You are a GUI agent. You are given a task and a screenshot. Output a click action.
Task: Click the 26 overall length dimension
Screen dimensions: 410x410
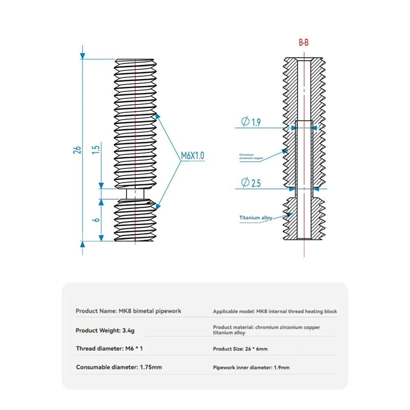pos(78,150)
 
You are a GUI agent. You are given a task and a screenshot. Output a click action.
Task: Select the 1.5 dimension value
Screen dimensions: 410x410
pos(96,149)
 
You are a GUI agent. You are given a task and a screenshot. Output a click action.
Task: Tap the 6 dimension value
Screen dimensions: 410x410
pos(97,219)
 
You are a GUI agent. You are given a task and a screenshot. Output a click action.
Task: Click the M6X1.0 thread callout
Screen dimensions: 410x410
pos(192,156)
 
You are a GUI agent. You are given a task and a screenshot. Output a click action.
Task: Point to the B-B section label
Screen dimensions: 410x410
pos(303,43)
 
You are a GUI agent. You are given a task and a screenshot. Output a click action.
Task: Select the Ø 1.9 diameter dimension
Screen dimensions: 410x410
pos(251,122)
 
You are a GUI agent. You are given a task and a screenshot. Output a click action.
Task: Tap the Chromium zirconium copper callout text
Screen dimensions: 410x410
pos(251,157)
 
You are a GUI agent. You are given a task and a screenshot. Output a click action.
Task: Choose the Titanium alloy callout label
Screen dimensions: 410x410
pos(256,218)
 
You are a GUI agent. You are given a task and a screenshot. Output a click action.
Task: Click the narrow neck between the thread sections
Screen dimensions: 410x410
pos(135,194)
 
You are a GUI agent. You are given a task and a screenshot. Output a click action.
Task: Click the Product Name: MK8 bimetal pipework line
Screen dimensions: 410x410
pos(128,311)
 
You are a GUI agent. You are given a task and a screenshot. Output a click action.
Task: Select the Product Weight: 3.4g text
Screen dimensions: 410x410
pos(105,330)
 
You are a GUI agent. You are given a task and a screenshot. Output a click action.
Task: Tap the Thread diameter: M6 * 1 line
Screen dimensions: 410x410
pos(109,348)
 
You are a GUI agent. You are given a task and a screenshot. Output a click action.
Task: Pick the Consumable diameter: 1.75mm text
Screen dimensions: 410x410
pos(119,367)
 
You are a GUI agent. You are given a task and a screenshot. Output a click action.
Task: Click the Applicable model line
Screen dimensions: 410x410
pos(275,311)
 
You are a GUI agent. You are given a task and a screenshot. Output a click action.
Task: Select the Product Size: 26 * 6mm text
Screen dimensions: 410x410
pos(240,349)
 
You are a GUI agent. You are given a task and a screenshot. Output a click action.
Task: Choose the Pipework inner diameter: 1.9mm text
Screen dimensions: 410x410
pos(251,368)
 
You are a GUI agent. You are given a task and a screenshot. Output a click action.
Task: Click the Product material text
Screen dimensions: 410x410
pos(266,330)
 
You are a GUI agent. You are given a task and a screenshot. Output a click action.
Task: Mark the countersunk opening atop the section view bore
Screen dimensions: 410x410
pos(304,61)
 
